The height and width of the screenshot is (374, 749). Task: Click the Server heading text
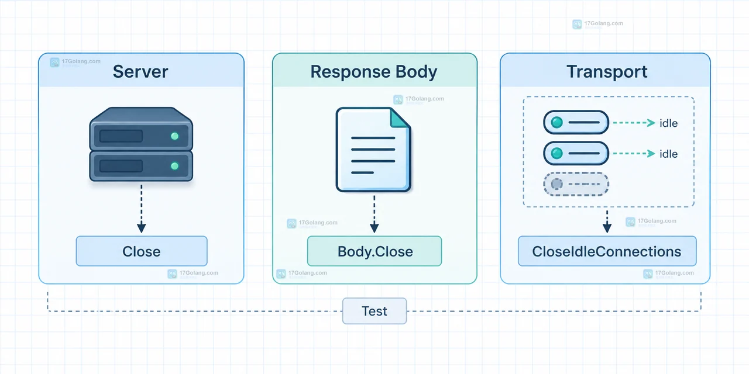coord(140,71)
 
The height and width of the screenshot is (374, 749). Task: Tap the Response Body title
coord(374,71)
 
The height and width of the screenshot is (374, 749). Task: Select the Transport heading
coord(607,71)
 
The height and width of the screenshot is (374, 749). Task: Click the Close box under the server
coord(142,251)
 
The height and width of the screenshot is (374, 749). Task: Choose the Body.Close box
coord(374,251)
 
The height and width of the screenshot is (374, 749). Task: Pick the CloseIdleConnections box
coord(607,251)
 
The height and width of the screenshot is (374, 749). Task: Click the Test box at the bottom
coord(374,311)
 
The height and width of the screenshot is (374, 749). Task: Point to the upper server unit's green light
coord(174,136)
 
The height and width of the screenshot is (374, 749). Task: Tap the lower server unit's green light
coord(174,166)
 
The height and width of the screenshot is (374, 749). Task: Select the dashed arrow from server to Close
coord(142,209)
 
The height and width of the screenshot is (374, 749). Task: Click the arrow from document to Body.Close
coord(374,214)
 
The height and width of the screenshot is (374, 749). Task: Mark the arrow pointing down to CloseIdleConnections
coord(607,221)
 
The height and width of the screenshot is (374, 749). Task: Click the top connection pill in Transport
coord(576,123)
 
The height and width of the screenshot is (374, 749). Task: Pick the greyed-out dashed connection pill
coord(576,184)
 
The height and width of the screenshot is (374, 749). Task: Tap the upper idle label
coord(668,123)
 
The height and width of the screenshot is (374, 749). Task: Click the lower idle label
coord(668,154)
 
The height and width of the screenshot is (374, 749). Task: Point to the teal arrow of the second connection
coord(634,154)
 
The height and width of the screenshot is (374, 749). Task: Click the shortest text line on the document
coord(362,172)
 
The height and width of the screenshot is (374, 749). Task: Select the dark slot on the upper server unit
coord(121,136)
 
